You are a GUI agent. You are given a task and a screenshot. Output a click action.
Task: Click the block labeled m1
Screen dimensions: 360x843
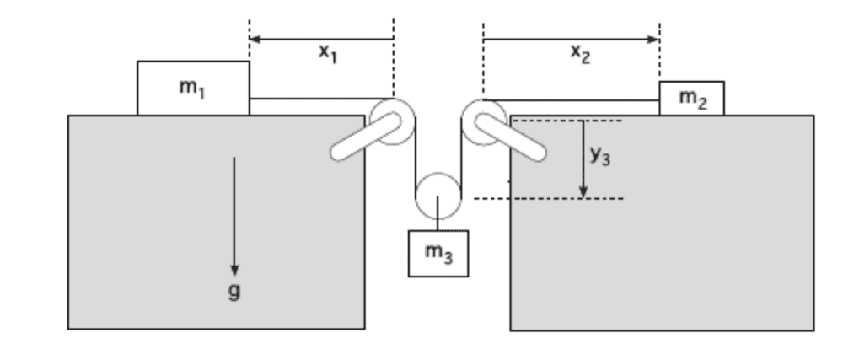(x=193, y=88)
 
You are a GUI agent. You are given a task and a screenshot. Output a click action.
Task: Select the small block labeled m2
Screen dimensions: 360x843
(x=690, y=99)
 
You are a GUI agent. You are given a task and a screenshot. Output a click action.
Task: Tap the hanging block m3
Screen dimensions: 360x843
(x=438, y=252)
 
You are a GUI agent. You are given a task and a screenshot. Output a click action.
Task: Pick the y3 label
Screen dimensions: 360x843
(x=600, y=157)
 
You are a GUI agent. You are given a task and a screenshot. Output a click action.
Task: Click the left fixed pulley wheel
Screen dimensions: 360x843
(x=393, y=121)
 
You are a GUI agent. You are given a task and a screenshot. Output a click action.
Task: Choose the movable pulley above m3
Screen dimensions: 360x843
(x=438, y=196)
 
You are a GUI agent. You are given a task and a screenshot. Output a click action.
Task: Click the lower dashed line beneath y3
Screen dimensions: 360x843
(x=548, y=199)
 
